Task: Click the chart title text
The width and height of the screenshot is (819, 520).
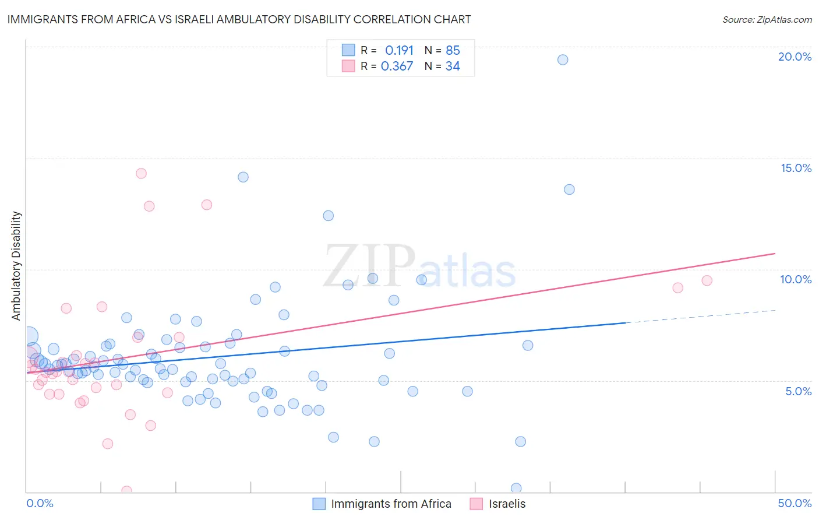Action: [x=239, y=19]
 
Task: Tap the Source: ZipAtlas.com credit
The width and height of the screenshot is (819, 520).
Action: [x=767, y=19]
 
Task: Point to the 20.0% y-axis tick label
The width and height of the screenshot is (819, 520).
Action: [x=795, y=57]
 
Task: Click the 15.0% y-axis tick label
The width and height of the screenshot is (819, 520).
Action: [x=796, y=168]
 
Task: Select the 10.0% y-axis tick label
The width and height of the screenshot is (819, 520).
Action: [x=796, y=279]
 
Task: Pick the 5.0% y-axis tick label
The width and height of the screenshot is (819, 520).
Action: [x=798, y=391]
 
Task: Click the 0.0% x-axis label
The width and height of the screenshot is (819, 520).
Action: [x=40, y=503]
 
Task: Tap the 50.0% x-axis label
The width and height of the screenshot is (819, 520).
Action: [x=795, y=503]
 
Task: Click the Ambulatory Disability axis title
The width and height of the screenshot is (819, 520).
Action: [x=16, y=266]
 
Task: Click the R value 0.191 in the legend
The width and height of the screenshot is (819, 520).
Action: [x=399, y=50]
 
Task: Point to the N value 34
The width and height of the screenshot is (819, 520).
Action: [x=453, y=66]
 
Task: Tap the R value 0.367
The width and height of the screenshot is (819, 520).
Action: [x=397, y=66]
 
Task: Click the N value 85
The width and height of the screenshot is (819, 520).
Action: [x=453, y=50]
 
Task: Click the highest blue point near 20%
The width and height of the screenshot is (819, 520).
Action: [x=563, y=59]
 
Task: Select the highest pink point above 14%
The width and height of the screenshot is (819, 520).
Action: [x=141, y=173]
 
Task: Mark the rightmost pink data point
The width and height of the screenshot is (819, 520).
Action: [x=707, y=280]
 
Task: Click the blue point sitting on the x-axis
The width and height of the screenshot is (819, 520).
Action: [x=516, y=488]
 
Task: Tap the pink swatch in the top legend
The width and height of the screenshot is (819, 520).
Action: [x=348, y=66]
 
